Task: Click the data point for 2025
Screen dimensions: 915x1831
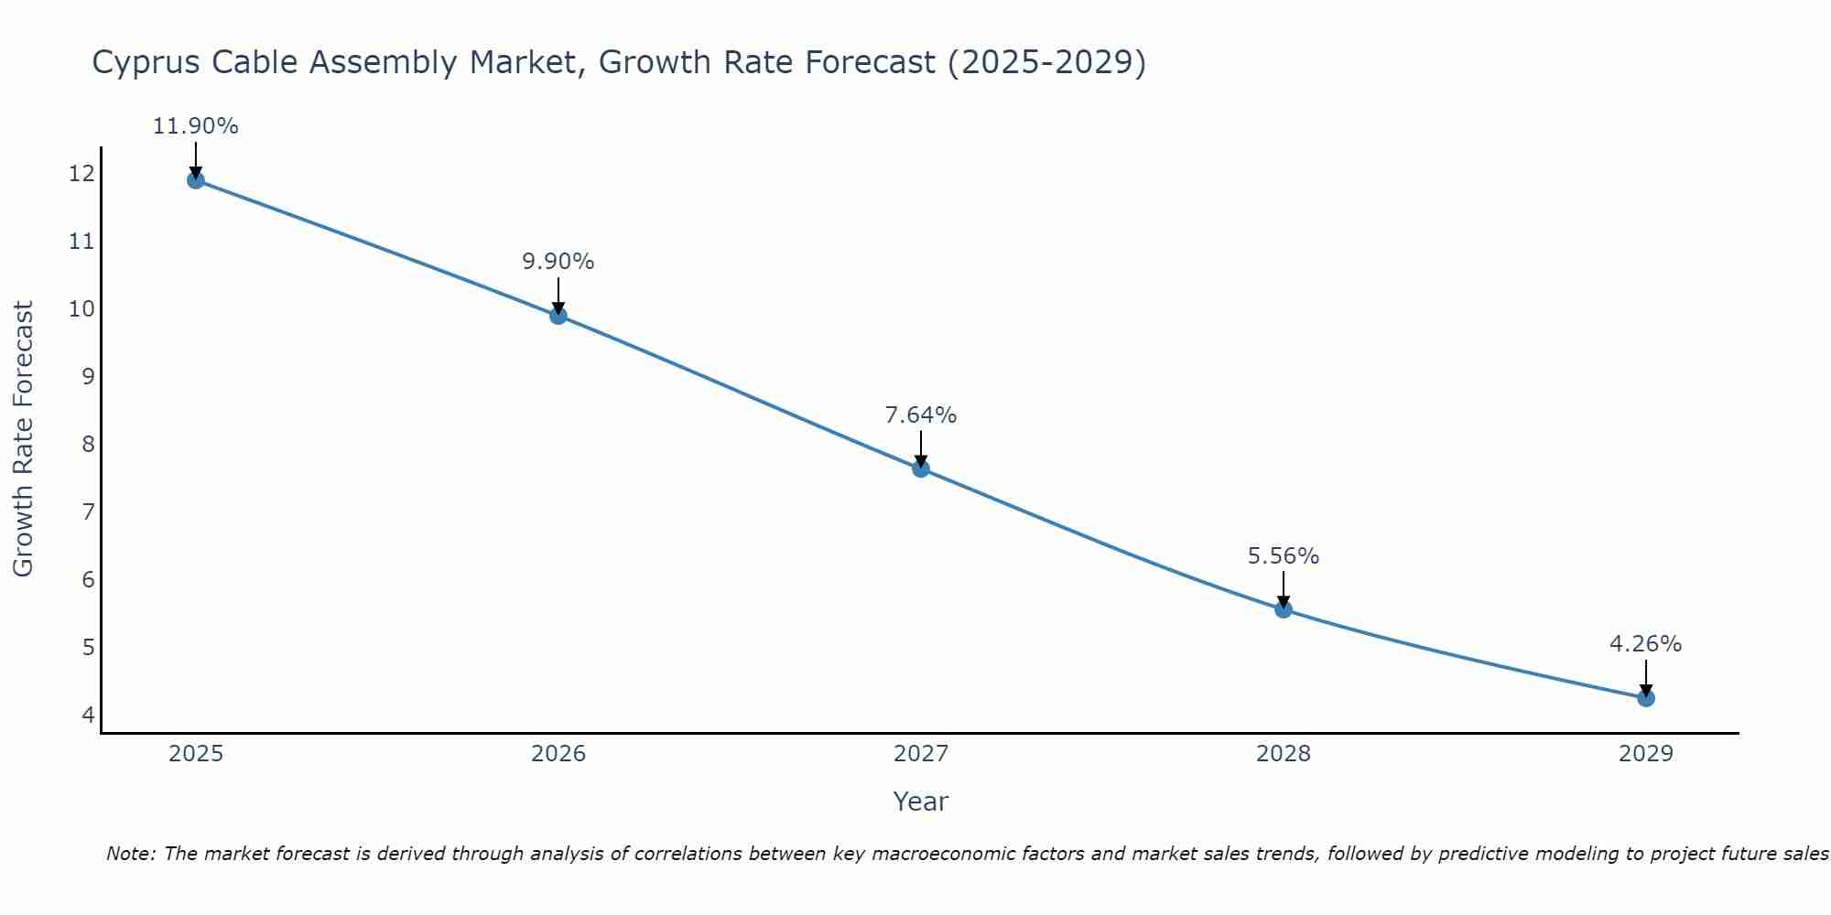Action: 195,180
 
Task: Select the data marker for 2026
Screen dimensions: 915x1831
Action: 558,316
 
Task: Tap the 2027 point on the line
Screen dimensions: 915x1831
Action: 921,468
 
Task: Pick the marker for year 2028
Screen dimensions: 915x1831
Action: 1284,609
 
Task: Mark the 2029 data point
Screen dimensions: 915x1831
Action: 1646,698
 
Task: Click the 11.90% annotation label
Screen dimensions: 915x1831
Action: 195,126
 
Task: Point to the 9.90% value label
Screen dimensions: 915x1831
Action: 558,262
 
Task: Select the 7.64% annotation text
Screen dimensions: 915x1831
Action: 921,415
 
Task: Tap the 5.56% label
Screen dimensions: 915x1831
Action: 1284,556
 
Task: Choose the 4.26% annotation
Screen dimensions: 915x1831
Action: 1646,644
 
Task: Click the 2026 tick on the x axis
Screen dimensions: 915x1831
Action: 558,754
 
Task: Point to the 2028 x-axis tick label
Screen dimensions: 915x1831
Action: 1284,754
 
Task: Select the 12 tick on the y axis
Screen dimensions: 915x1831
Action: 81,173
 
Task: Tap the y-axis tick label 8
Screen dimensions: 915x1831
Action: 88,444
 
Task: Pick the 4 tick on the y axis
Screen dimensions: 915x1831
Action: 88,715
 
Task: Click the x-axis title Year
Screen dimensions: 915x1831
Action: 921,802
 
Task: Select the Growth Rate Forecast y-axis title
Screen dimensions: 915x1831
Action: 23,439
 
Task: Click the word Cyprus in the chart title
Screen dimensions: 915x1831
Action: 146,63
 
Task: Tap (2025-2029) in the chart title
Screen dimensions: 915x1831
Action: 1046,62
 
